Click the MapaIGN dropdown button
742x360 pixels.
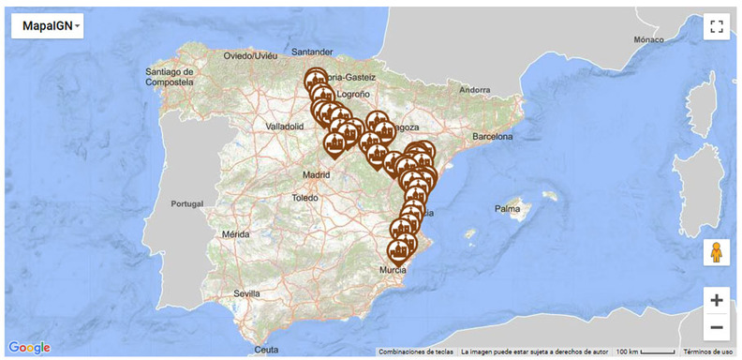click(47, 26)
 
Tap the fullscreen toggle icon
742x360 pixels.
click(717, 26)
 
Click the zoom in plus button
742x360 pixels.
click(717, 301)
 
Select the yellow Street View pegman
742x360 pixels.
click(717, 253)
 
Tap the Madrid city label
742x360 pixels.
click(318, 175)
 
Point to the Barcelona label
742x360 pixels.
click(493, 136)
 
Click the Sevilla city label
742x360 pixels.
click(247, 293)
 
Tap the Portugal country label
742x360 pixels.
click(187, 203)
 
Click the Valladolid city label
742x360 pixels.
click(285, 125)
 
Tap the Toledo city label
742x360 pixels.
click(305, 198)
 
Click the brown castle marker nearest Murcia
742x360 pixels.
click(401, 249)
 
